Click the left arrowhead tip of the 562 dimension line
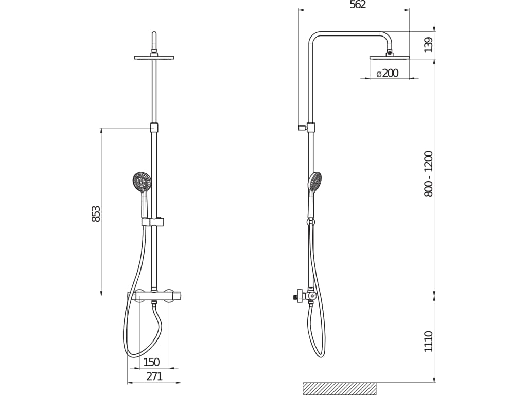299,10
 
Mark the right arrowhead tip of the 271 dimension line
181,383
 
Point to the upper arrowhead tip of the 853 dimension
101,128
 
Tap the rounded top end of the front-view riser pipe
154,32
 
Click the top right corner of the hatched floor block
376,383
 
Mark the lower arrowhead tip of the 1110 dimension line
434,382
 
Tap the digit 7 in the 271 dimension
154,376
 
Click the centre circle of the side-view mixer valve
312,296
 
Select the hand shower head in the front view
142,182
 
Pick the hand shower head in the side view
315,182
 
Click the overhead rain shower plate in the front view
154,58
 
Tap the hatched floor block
340,388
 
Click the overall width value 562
358,5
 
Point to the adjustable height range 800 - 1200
429,174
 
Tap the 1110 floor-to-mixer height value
429,342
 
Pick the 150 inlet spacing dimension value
152,362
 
